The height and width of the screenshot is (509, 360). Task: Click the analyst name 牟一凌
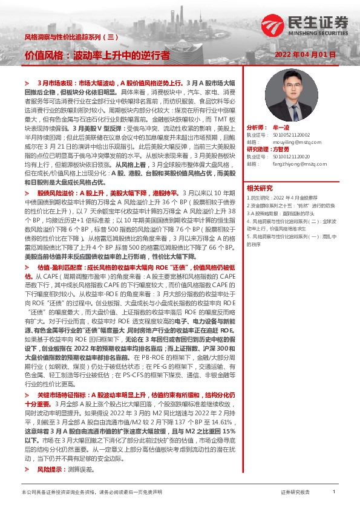pyautogui.click(x=283, y=129)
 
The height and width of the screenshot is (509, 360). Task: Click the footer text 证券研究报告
pyautogui.click(x=295, y=493)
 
